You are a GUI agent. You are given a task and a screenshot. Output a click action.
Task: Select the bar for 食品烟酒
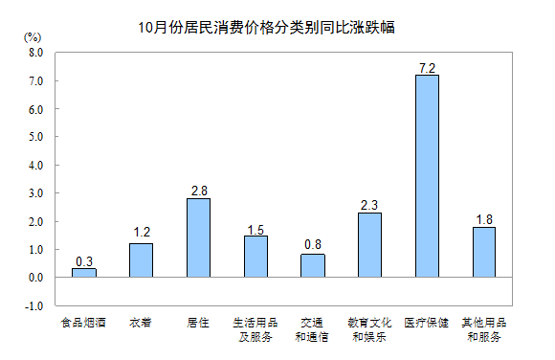84,273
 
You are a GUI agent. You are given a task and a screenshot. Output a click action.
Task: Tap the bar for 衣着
141,259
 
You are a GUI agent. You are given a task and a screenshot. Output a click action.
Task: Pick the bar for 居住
198,237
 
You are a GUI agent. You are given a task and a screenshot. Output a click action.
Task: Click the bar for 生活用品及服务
255,256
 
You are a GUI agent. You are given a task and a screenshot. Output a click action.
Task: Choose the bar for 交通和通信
313,265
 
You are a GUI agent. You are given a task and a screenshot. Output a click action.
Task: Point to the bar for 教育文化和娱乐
369,244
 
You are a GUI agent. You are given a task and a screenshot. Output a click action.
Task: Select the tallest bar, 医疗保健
427,176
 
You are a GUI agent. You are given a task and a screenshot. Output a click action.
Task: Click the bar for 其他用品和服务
483,252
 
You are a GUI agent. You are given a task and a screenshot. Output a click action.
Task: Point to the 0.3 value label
84,260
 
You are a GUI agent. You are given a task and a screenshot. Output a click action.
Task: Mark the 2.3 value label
369,204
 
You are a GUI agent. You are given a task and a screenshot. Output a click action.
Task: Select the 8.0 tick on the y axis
36,54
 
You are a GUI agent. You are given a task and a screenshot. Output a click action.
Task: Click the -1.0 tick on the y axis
34,305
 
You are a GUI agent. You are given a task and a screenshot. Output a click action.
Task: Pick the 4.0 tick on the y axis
36,166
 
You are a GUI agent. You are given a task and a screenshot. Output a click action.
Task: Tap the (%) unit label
33,36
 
